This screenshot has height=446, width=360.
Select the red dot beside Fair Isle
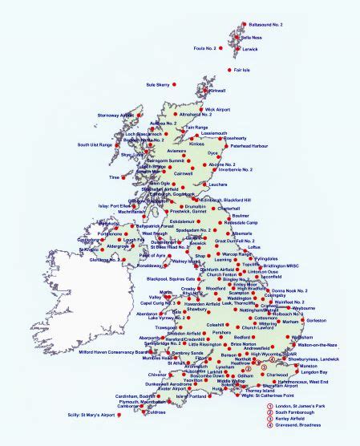[x=229, y=70]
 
